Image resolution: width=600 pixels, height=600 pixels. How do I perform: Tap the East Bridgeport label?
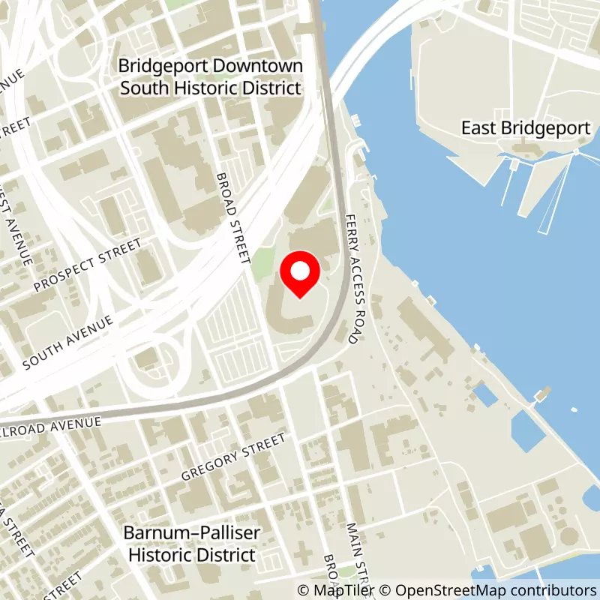(526, 128)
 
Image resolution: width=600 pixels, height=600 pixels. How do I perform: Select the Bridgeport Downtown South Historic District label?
(210, 77)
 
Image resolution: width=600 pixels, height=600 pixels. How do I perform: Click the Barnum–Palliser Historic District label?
(193, 544)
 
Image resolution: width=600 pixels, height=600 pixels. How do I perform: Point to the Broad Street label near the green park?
(232, 217)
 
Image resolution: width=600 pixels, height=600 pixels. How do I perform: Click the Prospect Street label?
(88, 265)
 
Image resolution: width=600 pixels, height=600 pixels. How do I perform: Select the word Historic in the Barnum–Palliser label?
(156, 555)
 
